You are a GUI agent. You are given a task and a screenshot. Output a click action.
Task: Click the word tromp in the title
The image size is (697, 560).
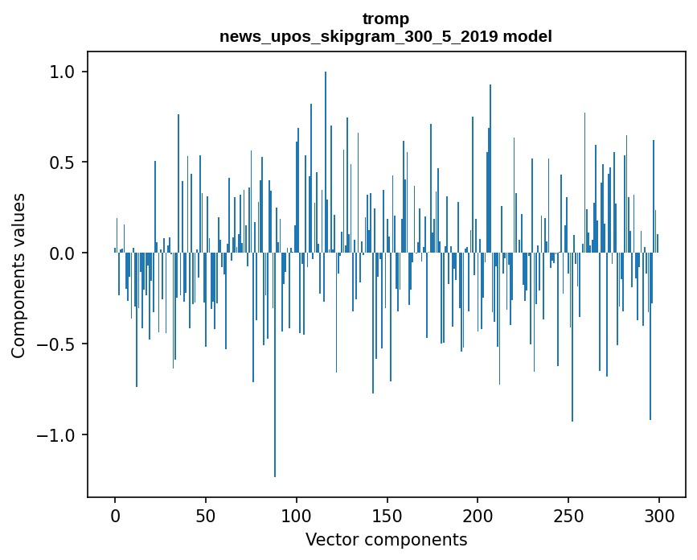point(386,19)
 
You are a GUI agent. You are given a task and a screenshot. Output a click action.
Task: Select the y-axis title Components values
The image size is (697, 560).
point(18,275)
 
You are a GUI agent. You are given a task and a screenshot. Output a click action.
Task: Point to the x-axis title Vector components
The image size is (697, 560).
point(386,539)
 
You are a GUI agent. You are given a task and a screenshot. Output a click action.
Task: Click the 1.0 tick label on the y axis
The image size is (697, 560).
point(61,72)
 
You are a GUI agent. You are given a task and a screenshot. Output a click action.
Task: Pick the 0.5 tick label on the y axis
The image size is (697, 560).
point(61,163)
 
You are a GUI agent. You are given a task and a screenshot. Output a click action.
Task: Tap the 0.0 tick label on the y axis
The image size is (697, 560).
point(61,253)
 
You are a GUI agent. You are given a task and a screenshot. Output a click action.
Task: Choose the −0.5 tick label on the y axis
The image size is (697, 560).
point(55,344)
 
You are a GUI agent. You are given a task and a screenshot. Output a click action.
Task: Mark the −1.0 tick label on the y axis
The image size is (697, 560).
point(55,435)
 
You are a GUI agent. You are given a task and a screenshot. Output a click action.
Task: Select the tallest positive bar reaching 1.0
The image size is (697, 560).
point(326,161)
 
